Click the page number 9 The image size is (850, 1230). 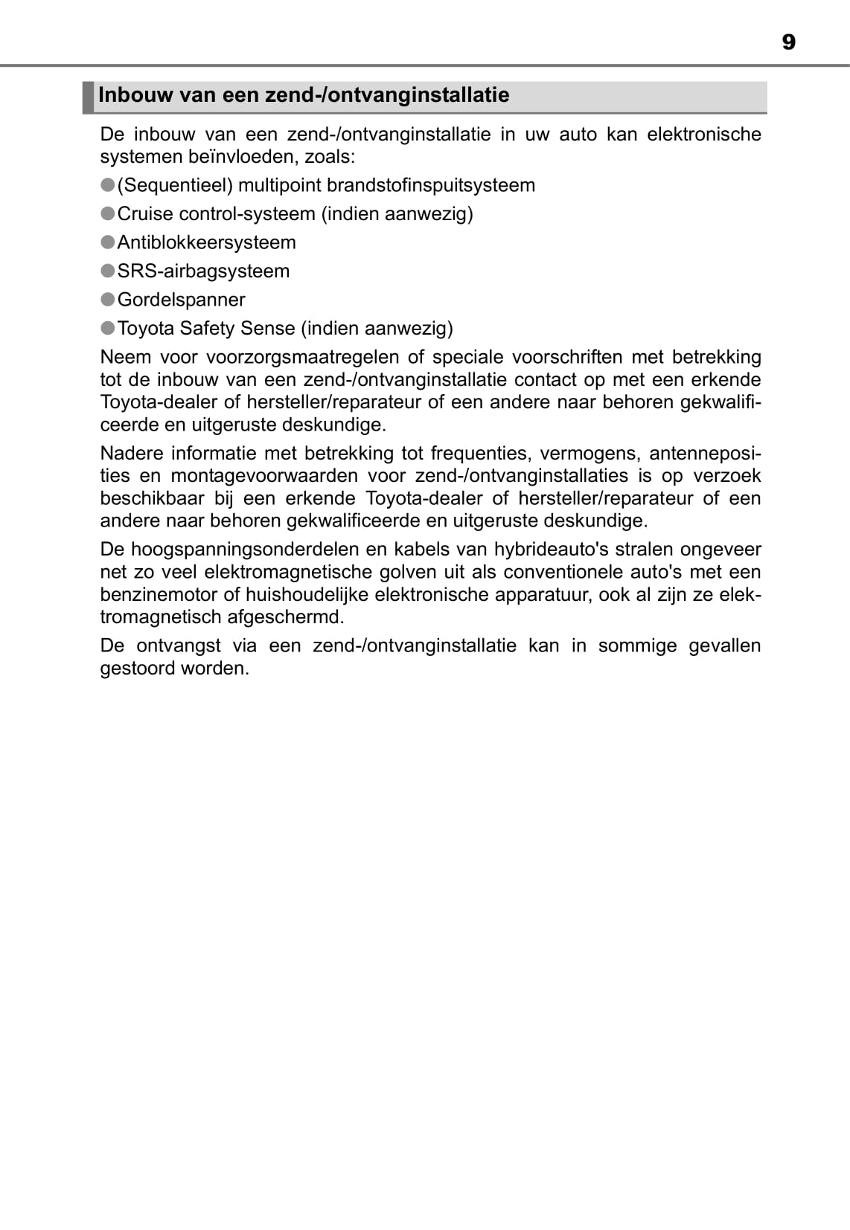[x=788, y=42]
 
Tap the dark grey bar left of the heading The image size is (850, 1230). [x=88, y=97]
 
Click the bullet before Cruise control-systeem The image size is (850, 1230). [x=108, y=213]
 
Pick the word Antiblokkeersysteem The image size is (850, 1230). [x=206, y=242]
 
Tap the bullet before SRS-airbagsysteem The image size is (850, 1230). [x=108, y=271]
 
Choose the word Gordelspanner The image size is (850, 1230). [x=181, y=300]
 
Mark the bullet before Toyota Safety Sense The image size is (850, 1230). [x=108, y=328]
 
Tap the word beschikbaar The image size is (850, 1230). [x=152, y=498]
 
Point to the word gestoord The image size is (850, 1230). [x=135, y=668]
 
